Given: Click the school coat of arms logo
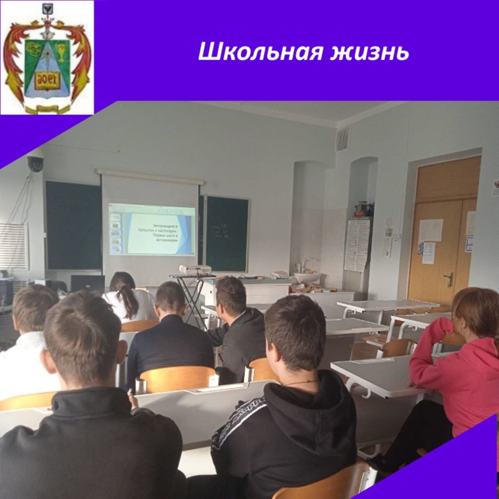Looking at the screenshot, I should (x=47, y=57).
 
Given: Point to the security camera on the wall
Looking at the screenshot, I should (x=35, y=164).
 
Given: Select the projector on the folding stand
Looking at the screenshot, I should (x=195, y=269).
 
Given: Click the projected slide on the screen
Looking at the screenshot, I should (x=152, y=229).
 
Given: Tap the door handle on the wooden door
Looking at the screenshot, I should (x=449, y=279).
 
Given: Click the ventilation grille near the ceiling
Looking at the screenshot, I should (x=343, y=138).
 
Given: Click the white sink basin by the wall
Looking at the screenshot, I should (x=307, y=276).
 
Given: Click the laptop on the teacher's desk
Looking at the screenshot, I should (x=87, y=284).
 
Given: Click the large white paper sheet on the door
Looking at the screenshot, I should (x=430, y=230).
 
